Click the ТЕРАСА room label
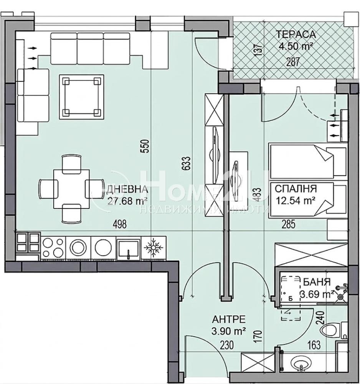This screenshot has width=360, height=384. [296, 34]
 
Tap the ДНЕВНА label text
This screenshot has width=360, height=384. [127, 189]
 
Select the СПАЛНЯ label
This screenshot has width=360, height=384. [296, 189]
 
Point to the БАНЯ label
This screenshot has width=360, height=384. [317, 282]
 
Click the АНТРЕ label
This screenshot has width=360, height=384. [229, 319]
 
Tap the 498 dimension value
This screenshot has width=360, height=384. [120, 224]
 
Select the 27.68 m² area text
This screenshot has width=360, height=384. [127, 201]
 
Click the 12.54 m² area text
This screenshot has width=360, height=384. [296, 201]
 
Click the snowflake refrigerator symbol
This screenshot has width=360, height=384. [153, 248]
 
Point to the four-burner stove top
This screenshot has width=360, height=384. [53, 248]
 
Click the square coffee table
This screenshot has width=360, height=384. [81, 97]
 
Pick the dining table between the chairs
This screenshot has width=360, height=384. [71, 189]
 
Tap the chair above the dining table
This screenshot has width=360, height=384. [71, 164]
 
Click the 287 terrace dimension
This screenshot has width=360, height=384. [293, 62]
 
